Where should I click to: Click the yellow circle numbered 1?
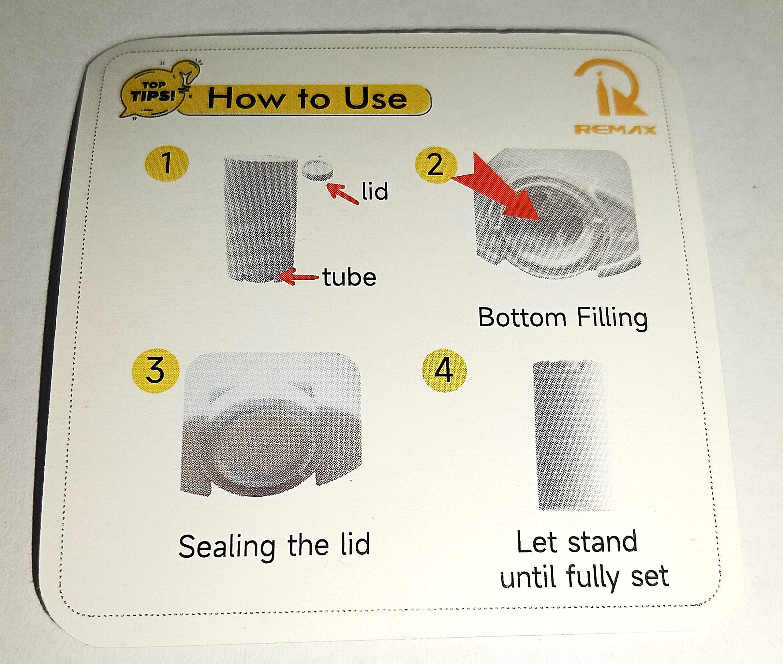tap(167, 164)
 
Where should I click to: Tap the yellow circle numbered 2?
tap(436, 165)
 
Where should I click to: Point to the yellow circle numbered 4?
tap(444, 371)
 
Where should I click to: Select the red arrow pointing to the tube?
tap(301, 277)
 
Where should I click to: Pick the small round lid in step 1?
tap(317, 171)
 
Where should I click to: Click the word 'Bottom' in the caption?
tap(522, 317)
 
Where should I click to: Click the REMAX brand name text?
tap(615, 130)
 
